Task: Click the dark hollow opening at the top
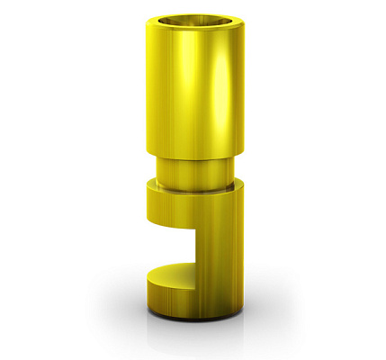coord(193,20)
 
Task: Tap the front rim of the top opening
coord(193,30)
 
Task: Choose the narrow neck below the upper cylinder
coord(193,171)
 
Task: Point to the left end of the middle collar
coord(148,202)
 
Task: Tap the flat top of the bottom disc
coord(175,271)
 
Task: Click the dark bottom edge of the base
coord(193,317)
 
